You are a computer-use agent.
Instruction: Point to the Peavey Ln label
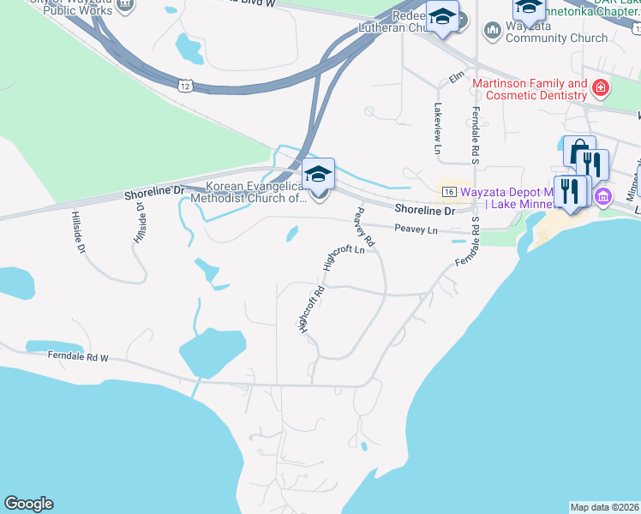416,230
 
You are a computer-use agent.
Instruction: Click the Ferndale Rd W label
81,355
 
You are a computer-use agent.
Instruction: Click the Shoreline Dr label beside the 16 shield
425,210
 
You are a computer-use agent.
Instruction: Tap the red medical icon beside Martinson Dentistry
602,87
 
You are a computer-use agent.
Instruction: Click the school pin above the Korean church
318,176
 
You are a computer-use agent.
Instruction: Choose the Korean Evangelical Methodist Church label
255,192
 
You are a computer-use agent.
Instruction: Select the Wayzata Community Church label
556,32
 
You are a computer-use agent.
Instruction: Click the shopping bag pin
579,152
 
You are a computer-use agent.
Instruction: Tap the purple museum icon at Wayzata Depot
602,196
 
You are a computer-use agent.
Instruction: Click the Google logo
28,504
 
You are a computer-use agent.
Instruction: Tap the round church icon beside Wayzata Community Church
492,32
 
